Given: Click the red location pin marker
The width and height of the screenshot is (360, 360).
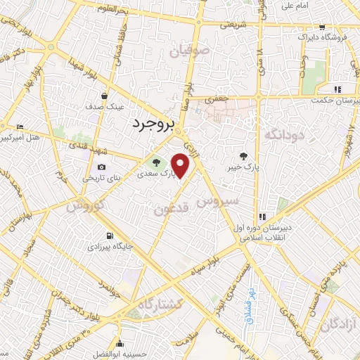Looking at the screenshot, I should pos(181,165).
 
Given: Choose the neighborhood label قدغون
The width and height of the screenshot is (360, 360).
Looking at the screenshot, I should pos(171,208).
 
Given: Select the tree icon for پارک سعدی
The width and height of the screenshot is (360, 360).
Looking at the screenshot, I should pos(156,162).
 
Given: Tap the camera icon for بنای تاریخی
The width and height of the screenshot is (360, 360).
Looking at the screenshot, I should pos(102,167).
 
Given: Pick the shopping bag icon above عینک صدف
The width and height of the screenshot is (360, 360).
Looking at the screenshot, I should pos(104,96).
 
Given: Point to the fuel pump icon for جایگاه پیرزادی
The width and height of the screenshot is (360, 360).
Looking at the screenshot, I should pos(109,236).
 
